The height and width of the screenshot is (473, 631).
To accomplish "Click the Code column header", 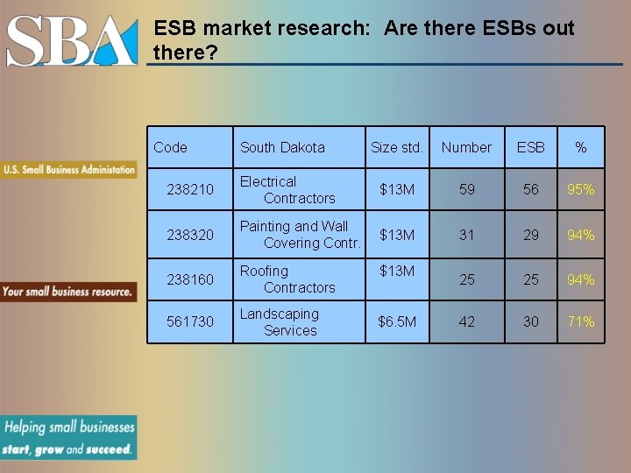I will coord(170,147).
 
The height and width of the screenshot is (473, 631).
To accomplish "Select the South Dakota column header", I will coord(282,148).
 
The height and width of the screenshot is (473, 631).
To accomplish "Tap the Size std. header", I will coord(396,148).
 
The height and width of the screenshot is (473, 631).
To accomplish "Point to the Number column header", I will coord(466,148).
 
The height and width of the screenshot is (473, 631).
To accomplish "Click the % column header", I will coord(580,148).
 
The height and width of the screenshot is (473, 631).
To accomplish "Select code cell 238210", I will coord(190,190).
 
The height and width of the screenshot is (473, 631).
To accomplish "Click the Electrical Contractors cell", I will coord(287,190).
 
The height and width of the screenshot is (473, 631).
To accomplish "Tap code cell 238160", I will coord(190,279).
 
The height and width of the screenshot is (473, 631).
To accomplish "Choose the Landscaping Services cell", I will coord(280,322).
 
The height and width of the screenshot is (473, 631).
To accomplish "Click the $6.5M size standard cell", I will coord(397,322).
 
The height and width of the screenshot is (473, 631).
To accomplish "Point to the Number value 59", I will coord(467,190).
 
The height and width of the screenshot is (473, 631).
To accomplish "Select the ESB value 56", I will coord(531,190).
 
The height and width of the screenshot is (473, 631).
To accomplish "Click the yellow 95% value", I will coord(580,190).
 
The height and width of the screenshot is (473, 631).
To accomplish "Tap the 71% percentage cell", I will coord(580,322).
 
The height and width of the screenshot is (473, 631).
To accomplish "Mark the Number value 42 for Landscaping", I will coord(467,322).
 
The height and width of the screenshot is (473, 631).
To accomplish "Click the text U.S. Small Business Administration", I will coord(69,169).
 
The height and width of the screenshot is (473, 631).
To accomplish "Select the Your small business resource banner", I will coord(67,291).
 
